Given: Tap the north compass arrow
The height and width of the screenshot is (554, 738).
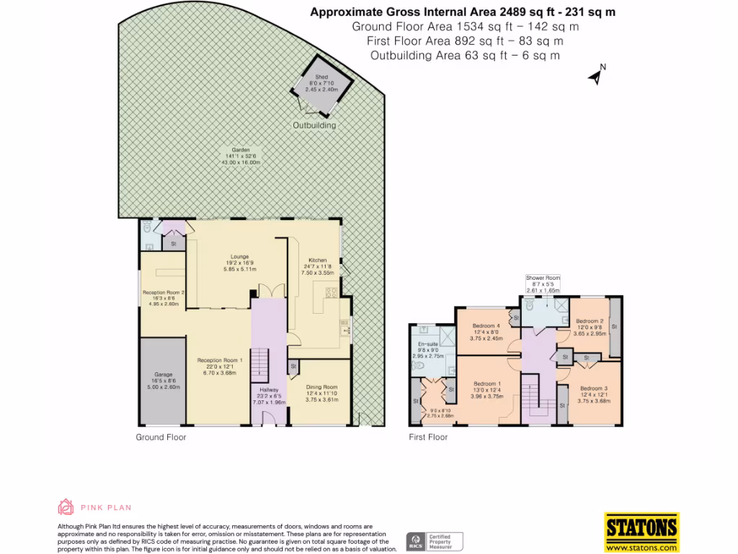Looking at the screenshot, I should coord(596,76).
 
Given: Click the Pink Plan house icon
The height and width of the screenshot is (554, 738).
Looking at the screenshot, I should coord(66,506).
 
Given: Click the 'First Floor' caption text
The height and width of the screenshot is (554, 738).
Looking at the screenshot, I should coord(428,437).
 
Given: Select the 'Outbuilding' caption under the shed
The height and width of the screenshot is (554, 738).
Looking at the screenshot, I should coord(314,126).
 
